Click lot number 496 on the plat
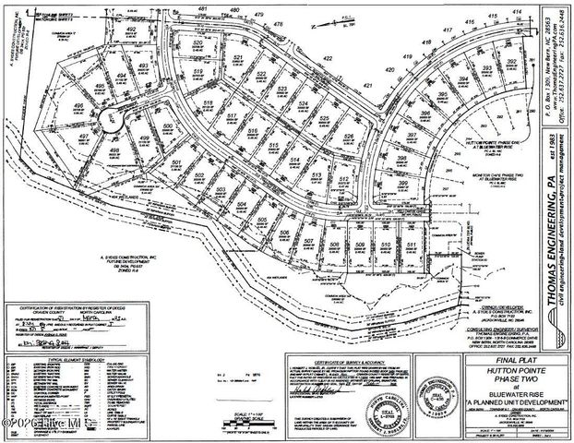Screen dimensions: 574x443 click(80, 106)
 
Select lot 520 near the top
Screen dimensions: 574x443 click(197, 43)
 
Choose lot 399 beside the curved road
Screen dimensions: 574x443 click(403, 184)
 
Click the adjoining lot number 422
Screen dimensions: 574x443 click(327, 58)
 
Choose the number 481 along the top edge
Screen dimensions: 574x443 click(202, 8)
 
